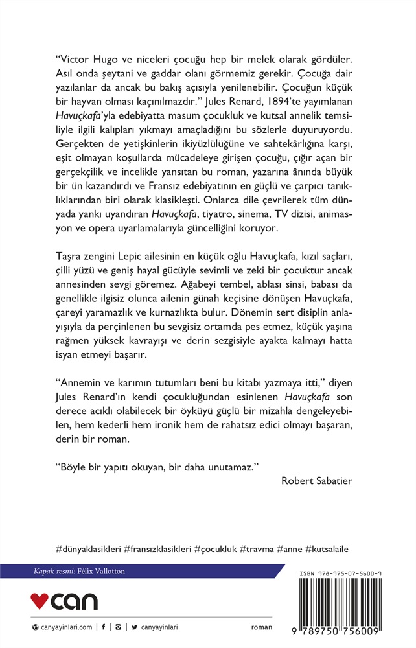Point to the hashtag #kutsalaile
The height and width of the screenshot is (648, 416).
point(327,548)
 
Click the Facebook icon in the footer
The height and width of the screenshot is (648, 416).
point(104,627)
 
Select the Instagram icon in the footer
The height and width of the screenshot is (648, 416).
point(118,627)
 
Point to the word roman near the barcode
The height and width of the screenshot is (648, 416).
point(262,627)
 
